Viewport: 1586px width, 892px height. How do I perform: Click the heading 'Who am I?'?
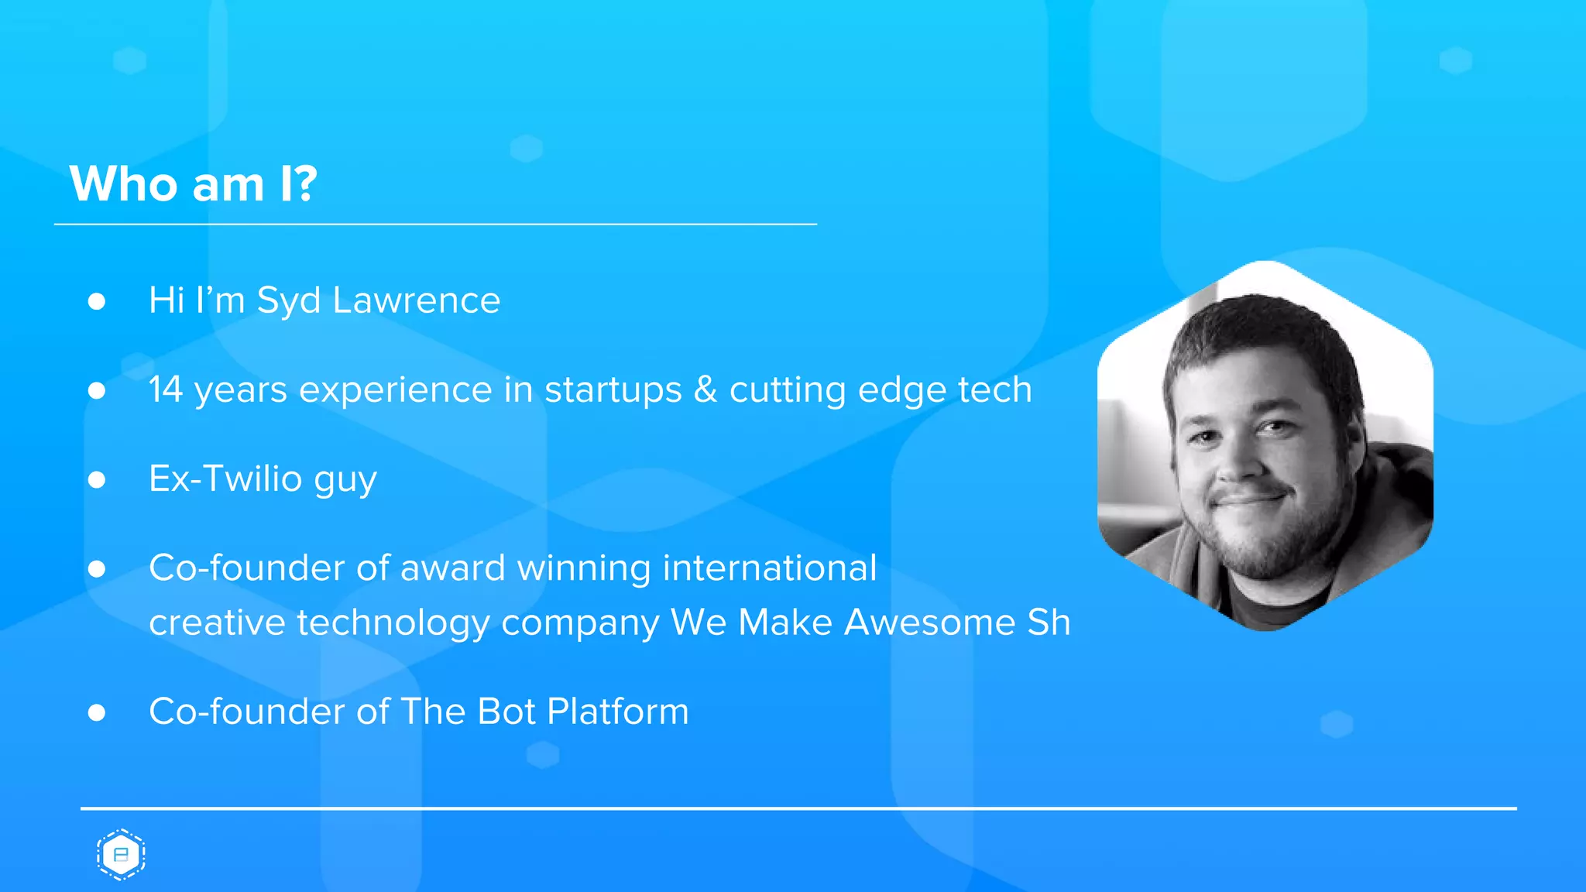click(194, 184)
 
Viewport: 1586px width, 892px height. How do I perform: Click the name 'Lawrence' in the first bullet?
click(416, 300)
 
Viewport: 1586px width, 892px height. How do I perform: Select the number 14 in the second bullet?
click(166, 389)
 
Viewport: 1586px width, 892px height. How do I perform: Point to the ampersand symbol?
click(705, 389)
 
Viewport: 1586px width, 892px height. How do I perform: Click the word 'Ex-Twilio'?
click(225, 479)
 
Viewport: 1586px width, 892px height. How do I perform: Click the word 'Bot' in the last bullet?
click(506, 712)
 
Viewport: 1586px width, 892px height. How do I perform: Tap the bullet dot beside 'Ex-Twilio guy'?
click(97, 480)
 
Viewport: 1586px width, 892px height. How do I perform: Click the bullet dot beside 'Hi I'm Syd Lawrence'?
click(97, 301)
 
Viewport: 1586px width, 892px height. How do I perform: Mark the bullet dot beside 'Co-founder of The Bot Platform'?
click(97, 712)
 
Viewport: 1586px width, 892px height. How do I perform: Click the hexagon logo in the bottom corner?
click(121, 855)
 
